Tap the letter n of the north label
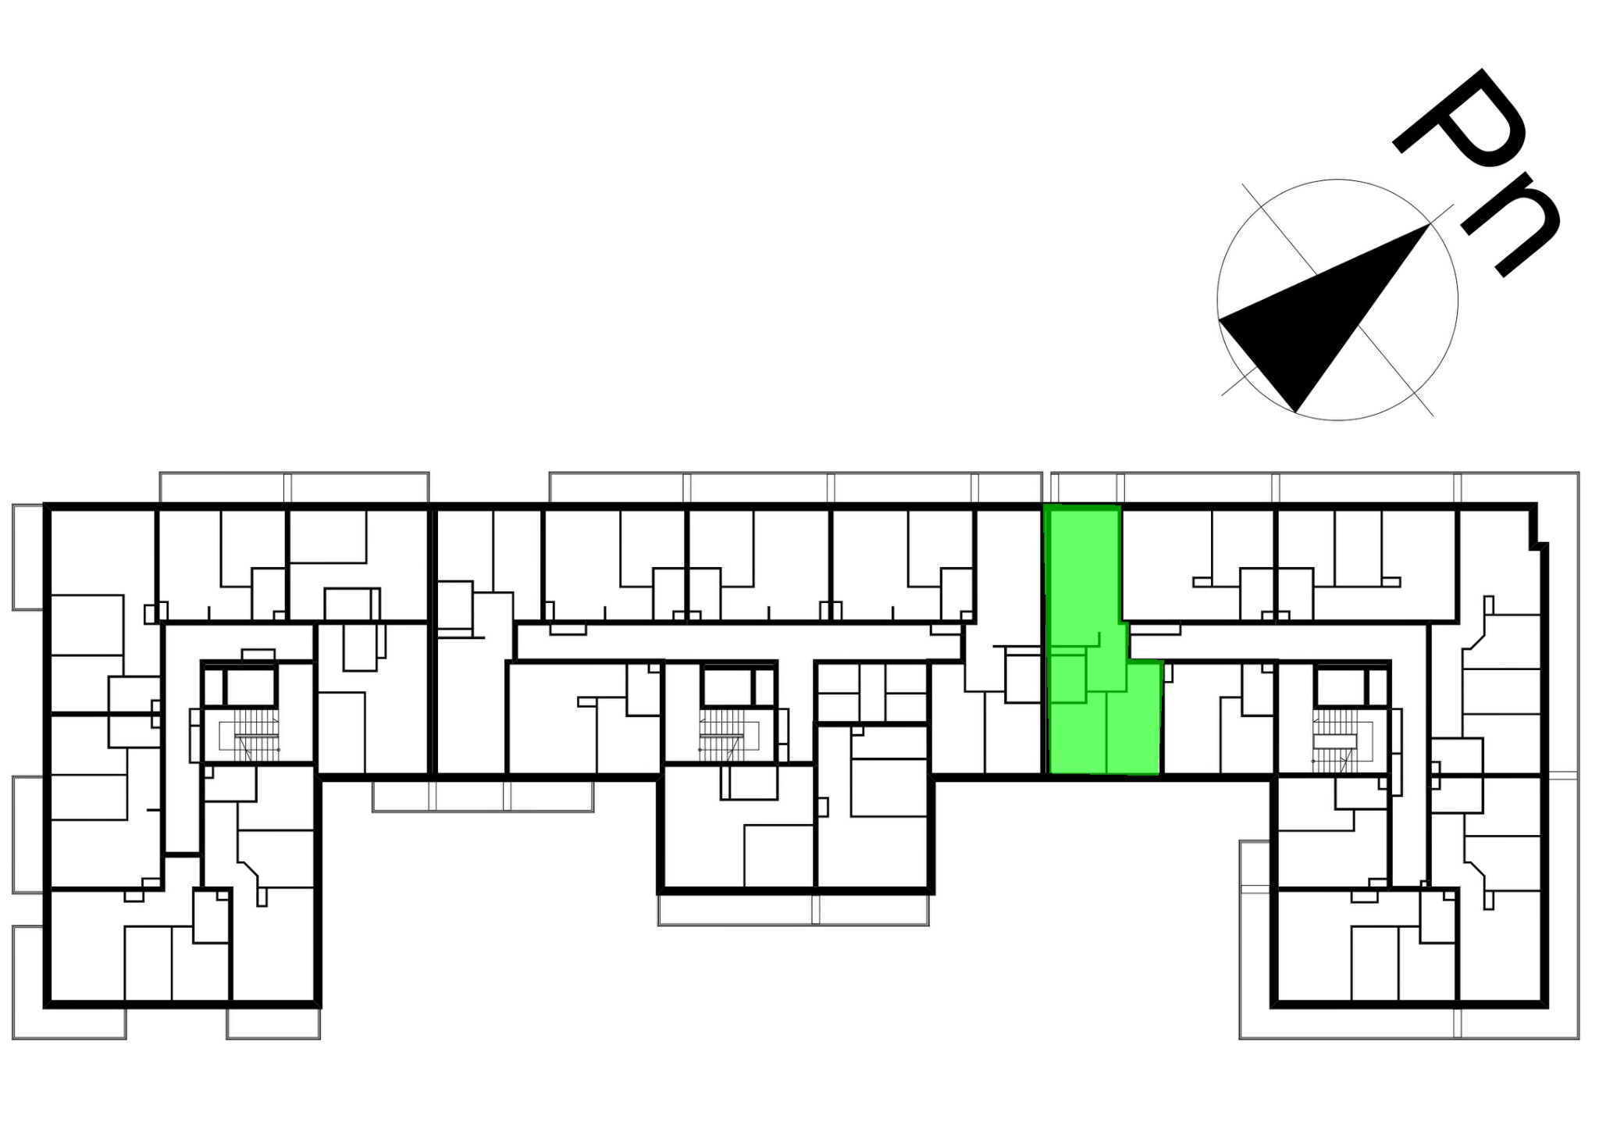pyautogui.click(x=1512, y=227)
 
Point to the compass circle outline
pyautogui.click(x=1218, y=300)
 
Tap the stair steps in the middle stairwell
pyautogui.click(x=723, y=735)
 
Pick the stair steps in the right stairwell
pyautogui.click(x=1337, y=735)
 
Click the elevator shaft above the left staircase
pyautogui.click(x=251, y=687)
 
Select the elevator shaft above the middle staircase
pyautogui.click(x=727, y=687)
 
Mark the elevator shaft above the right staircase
pyautogui.click(x=1340, y=687)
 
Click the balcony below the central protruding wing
pyautogui.click(x=793, y=910)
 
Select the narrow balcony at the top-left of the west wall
pyautogui.click(x=28, y=557)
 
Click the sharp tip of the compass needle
pyautogui.click(x=1430, y=224)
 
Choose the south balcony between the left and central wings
pyautogui.click(x=483, y=797)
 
